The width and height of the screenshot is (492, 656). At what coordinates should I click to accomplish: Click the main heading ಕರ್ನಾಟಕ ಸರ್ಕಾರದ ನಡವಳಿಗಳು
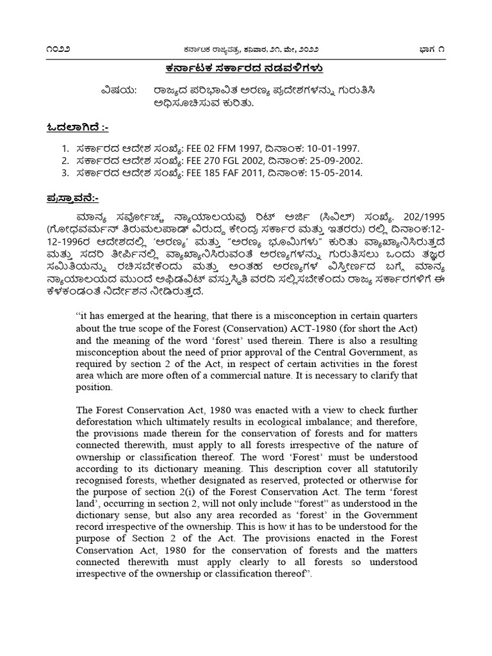pos(246,68)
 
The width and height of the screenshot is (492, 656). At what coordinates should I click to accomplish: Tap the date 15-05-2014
pos(338,173)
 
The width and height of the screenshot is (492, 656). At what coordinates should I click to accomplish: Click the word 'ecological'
pos(318,422)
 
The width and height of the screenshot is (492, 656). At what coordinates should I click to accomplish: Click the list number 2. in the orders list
pos(65,160)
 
